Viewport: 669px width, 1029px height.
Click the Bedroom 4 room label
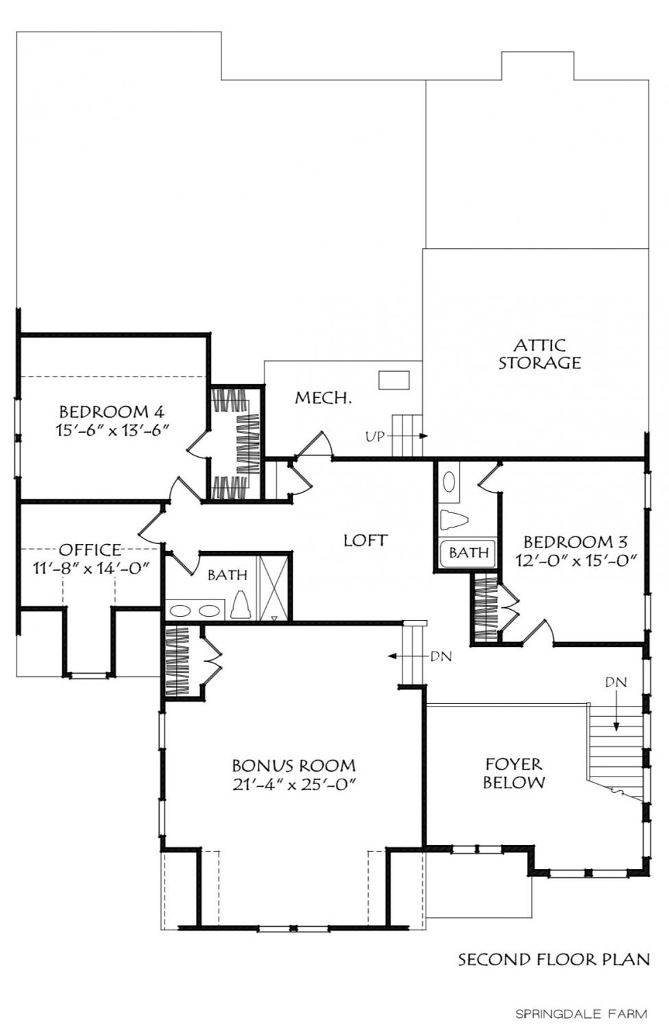click(112, 412)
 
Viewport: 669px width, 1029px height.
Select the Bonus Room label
click(294, 766)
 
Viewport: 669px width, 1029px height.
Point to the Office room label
click(90, 549)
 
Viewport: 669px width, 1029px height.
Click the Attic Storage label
click(539, 354)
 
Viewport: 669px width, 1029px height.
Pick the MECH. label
click(324, 398)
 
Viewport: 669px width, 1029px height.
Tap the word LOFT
click(366, 541)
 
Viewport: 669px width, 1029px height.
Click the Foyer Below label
click(514, 773)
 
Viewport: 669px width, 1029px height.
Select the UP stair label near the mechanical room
click(375, 436)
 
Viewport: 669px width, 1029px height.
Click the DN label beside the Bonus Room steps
click(441, 657)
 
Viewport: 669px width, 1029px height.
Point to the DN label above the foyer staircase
click(616, 682)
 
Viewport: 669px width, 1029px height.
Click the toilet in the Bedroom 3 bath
click(453, 520)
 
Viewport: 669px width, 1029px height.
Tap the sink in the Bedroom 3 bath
click(448, 482)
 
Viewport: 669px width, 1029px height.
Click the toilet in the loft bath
click(239, 605)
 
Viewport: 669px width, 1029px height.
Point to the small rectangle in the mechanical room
click(393, 380)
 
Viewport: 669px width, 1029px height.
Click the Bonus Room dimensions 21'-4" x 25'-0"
click(294, 783)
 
